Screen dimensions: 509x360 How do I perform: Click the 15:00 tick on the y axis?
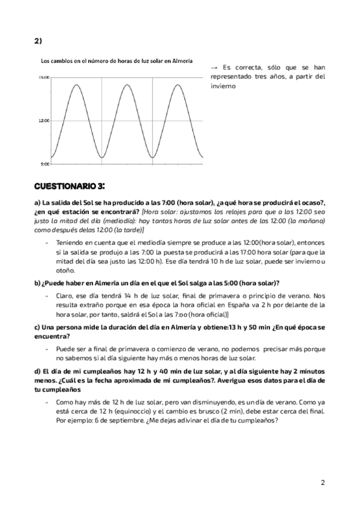click(44, 77)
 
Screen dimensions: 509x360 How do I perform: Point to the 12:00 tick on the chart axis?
click(44, 121)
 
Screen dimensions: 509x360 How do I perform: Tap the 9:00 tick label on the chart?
click(44, 163)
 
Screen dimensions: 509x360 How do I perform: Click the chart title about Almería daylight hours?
click(116, 61)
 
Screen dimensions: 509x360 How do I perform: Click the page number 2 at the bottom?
click(323, 482)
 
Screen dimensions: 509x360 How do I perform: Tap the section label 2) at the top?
click(38, 41)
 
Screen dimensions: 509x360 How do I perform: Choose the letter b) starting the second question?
click(38, 282)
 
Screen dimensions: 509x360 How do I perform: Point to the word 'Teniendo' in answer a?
click(70, 242)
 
